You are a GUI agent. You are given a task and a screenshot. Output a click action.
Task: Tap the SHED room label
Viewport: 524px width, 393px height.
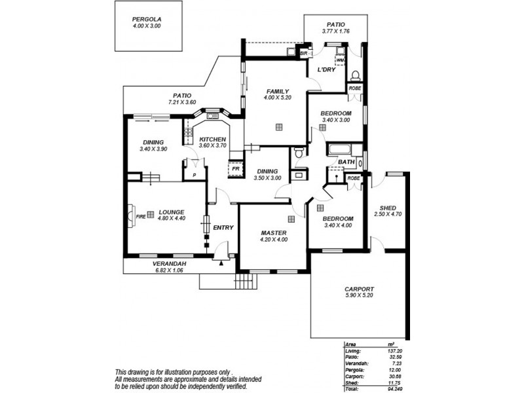387,207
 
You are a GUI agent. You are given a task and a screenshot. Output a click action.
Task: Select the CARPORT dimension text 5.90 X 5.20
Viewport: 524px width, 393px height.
359,296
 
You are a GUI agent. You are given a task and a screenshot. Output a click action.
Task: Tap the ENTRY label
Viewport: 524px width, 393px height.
223,227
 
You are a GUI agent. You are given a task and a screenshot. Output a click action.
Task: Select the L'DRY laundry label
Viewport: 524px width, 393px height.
326,69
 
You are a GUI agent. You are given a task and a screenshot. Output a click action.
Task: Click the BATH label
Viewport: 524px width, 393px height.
346,161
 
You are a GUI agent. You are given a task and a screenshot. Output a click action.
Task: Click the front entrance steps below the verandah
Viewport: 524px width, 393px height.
244,282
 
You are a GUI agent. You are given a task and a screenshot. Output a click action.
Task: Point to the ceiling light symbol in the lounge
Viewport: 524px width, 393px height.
151,214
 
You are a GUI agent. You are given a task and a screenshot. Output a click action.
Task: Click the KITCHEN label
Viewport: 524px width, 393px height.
213,139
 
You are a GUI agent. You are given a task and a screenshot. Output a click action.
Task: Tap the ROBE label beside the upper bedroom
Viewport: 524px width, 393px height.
354,88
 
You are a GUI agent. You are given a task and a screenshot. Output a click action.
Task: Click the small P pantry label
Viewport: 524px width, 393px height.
194,175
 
